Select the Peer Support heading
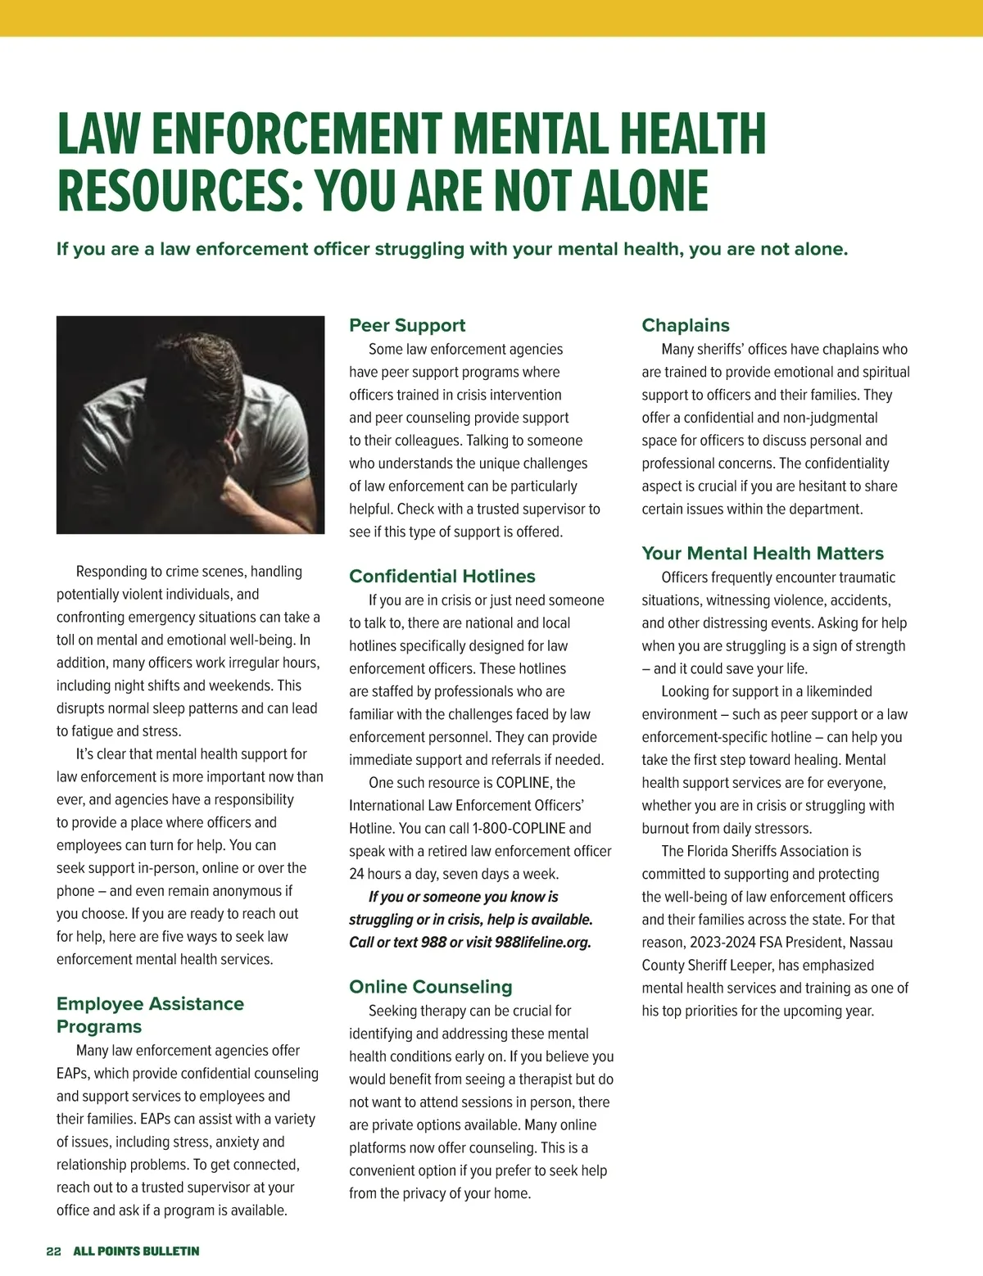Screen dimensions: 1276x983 (x=407, y=325)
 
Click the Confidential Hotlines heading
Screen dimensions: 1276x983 (x=442, y=577)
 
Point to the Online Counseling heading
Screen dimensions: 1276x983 (x=431, y=987)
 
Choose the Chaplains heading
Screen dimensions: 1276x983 (x=686, y=325)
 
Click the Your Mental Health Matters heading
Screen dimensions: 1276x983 (x=763, y=554)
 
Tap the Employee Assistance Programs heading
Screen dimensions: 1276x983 (x=150, y=1015)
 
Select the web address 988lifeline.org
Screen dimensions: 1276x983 (x=542, y=943)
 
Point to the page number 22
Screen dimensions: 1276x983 (x=54, y=1251)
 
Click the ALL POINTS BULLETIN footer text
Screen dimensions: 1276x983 (x=136, y=1251)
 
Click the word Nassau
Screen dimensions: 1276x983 (x=871, y=943)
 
